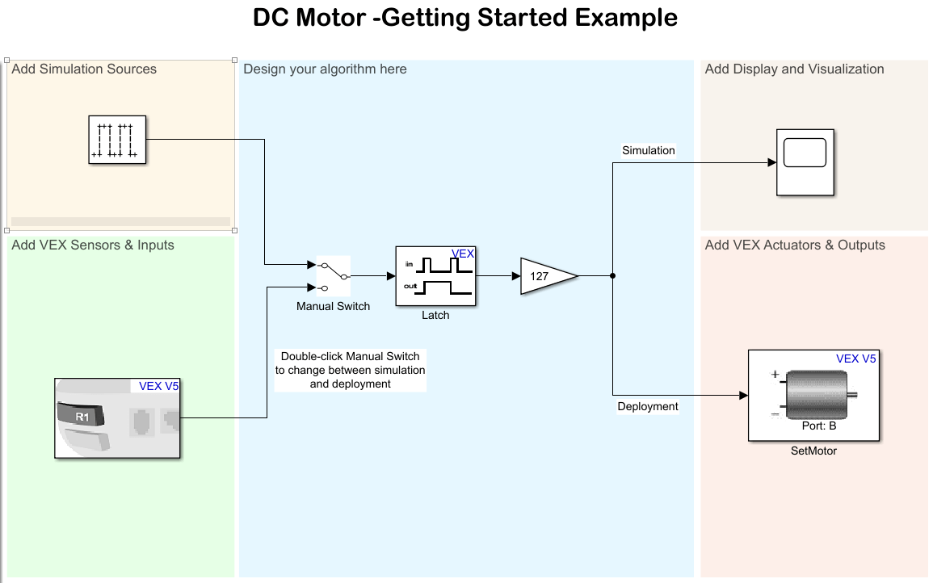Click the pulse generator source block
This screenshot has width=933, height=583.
point(117,140)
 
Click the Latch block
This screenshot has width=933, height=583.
point(435,276)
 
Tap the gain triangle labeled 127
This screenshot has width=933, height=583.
point(545,276)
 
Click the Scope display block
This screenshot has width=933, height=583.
point(805,161)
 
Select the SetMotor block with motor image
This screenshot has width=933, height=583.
point(813,396)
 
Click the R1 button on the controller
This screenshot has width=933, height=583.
point(82,417)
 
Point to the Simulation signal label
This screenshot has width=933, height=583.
point(648,150)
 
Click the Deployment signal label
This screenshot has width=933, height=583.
point(648,406)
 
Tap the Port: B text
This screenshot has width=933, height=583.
point(818,426)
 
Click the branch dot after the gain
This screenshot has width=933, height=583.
point(613,276)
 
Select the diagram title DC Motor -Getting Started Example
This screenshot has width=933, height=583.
point(465,18)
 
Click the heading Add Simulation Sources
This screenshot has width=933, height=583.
point(84,69)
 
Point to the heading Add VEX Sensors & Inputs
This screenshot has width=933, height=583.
point(93,245)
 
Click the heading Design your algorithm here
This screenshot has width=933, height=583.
point(325,69)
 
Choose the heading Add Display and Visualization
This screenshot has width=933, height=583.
point(794,69)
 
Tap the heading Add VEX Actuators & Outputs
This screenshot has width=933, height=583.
point(795,245)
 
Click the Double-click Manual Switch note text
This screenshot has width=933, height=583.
point(350,370)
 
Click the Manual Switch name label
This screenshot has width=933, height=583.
point(333,307)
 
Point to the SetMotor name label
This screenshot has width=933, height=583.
point(813,451)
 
